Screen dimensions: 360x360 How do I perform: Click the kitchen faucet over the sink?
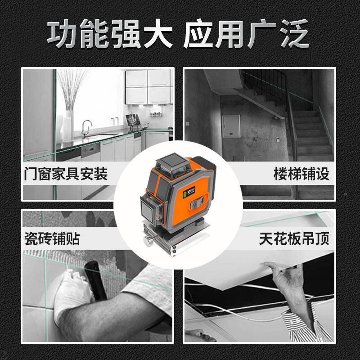pyautogui.click(x=86, y=127)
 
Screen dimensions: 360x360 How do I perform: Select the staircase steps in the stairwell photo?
pyautogui.click(x=310, y=135)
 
